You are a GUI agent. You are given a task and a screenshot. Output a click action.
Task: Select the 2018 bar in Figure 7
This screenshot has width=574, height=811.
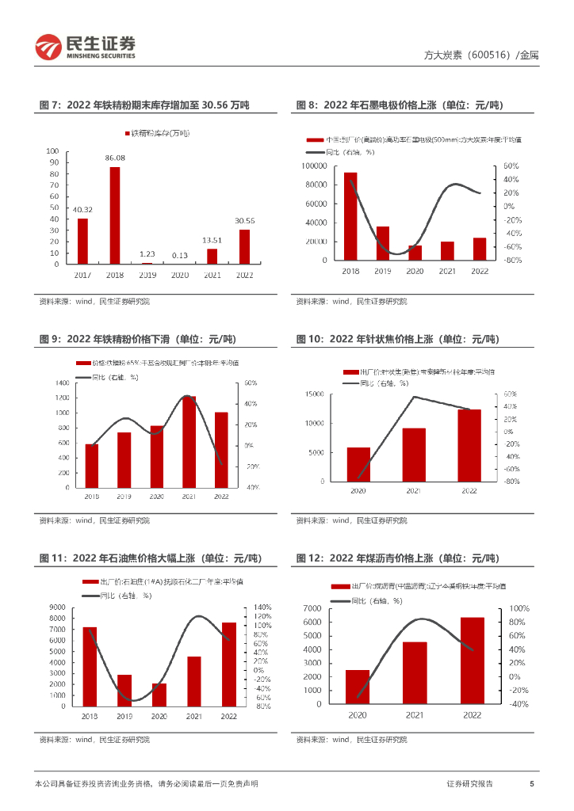[x=115, y=215]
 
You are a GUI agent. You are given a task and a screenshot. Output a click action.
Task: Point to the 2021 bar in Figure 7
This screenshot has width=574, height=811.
[x=212, y=256]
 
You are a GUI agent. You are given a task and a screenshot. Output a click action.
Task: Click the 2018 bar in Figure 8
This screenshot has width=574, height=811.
[x=350, y=216]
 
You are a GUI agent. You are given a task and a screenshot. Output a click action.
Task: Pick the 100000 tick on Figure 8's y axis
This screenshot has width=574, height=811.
[x=316, y=166]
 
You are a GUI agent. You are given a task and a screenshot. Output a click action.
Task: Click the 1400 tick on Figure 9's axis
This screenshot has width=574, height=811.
[x=62, y=383]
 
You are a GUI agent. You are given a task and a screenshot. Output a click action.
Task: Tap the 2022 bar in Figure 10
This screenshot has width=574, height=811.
[x=469, y=445]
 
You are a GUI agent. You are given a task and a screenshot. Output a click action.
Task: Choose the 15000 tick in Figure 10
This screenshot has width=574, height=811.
[x=315, y=394]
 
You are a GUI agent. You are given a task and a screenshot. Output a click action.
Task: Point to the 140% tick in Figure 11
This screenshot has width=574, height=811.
[x=262, y=607]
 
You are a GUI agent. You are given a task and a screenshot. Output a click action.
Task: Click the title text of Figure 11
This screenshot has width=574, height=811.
[x=151, y=558]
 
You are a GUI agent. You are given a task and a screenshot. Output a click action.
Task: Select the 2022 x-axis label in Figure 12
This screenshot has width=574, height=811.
[x=472, y=714]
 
